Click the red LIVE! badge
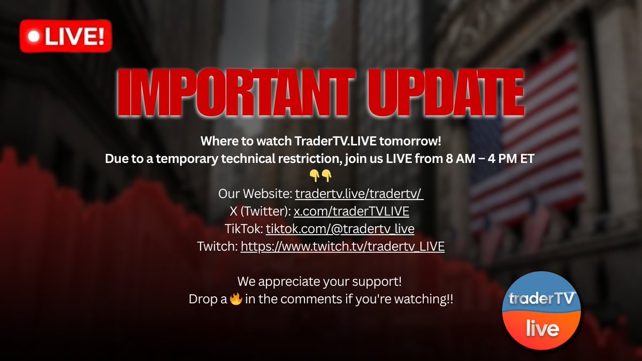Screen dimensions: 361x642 point(66,37)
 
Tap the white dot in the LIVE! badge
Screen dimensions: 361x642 point(34,37)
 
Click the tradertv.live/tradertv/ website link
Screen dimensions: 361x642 point(359,194)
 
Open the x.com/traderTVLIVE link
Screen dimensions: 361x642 point(351,211)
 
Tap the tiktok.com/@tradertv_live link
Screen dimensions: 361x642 point(340,229)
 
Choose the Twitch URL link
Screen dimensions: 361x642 point(342,247)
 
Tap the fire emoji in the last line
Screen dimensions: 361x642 point(235,299)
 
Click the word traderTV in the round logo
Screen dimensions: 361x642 point(541,298)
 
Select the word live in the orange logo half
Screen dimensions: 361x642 point(542,327)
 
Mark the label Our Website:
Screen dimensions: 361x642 point(255,194)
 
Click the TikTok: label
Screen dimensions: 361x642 point(244,229)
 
